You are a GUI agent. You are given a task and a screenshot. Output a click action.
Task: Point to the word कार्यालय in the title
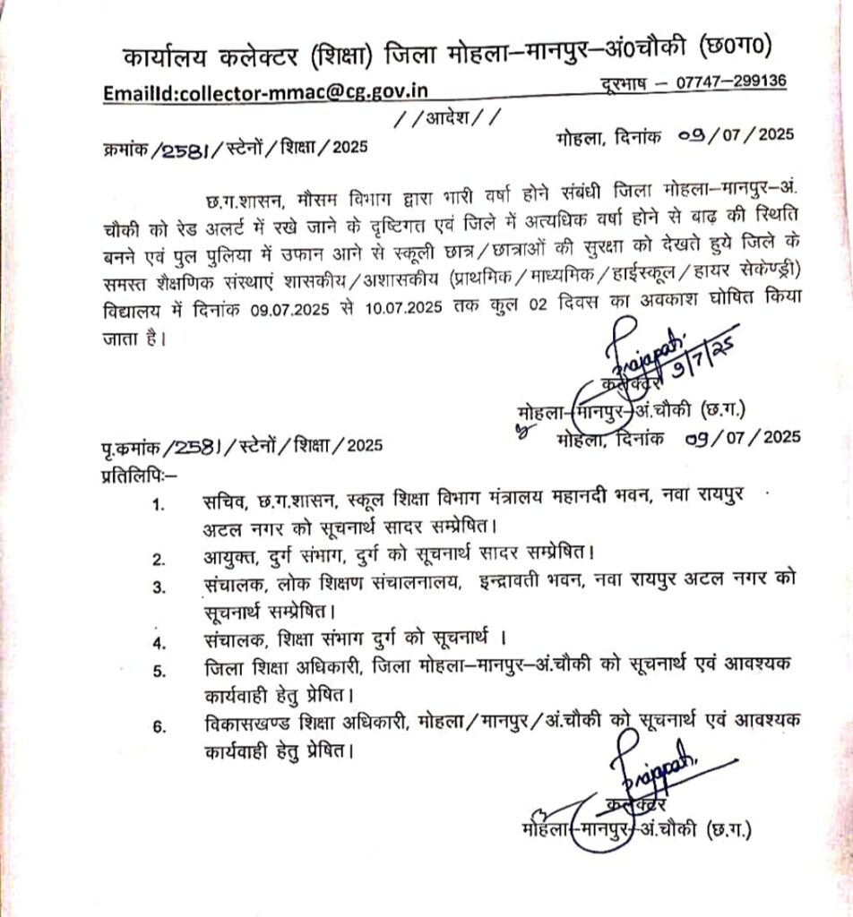168,57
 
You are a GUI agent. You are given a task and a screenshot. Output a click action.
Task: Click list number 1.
159,504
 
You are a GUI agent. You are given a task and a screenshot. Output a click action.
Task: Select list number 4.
159,642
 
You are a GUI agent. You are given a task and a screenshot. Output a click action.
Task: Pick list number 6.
159,727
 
